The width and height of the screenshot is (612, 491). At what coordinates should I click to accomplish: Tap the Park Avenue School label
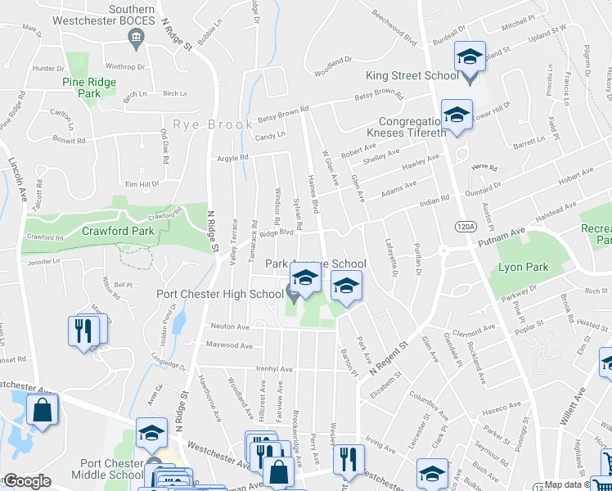pyautogui.click(x=316, y=264)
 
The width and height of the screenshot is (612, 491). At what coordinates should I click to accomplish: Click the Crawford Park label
pyautogui.click(x=119, y=232)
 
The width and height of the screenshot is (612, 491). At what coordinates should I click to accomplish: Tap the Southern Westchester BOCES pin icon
pyautogui.click(x=136, y=36)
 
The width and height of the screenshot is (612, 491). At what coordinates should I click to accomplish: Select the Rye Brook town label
pyautogui.click(x=203, y=125)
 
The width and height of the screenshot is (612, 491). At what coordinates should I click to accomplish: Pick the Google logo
pyautogui.click(x=26, y=481)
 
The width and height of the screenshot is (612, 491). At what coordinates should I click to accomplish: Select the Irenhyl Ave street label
pyautogui.click(x=274, y=369)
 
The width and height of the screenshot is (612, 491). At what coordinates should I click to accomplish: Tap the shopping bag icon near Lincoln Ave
pyautogui.click(x=42, y=410)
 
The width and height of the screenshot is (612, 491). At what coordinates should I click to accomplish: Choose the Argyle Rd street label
pyautogui.click(x=232, y=158)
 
